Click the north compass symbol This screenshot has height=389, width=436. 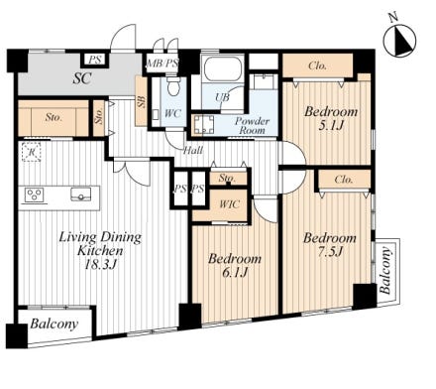(x=399, y=41)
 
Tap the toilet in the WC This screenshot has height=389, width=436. (x=172, y=85)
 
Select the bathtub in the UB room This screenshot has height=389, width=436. (x=222, y=68)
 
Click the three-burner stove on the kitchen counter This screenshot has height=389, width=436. (x=34, y=194)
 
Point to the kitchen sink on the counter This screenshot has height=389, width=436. (x=81, y=194)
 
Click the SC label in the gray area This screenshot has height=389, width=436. (x=82, y=78)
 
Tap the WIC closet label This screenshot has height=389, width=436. (x=229, y=204)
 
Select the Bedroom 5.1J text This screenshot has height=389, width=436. (x=331, y=118)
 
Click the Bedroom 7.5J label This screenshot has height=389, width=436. (x=330, y=244)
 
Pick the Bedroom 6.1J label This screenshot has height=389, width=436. (x=235, y=265)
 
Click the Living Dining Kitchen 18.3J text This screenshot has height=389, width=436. (x=100, y=250)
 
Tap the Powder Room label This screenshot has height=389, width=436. (x=252, y=125)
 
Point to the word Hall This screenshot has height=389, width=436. (x=193, y=151)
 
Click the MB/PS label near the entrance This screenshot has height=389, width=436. (x=163, y=64)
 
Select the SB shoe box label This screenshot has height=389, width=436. (x=142, y=101)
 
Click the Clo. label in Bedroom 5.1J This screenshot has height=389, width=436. (x=317, y=65)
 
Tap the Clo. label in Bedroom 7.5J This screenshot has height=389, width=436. (x=344, y=180)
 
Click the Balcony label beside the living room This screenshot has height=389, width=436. (x=54, y=324)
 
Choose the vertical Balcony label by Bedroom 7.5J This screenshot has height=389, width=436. (x=385, y=271)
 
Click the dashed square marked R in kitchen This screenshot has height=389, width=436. (x=32, y=152)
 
